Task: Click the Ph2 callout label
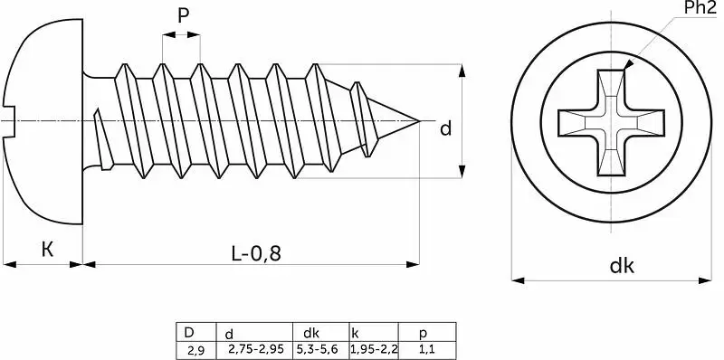pos(700,9)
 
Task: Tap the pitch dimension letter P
pos(184,16)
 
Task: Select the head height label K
pos(47,250)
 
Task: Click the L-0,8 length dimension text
pos(256,253)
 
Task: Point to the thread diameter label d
pos(445,129)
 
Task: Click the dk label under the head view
pos(623,266)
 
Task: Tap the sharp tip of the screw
pos(419,121)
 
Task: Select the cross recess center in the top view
pos(611,122)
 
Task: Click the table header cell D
pos(189,332)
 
